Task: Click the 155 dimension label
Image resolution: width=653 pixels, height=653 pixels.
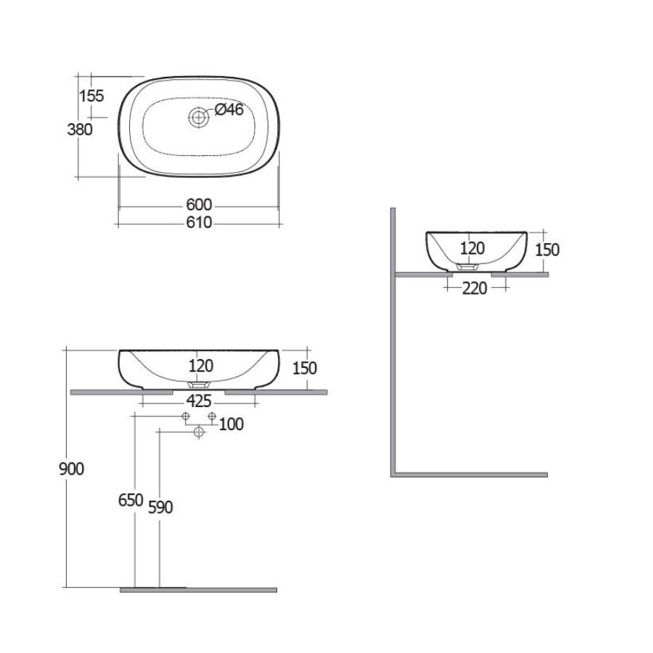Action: pos(92,96)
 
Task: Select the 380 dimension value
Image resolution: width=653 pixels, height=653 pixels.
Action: pos(79,130)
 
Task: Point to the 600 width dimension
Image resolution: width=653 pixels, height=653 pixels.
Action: pos(199,206)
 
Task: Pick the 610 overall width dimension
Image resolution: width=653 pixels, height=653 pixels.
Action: pos(199,223)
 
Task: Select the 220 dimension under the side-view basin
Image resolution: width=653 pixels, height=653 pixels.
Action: pos(475,288)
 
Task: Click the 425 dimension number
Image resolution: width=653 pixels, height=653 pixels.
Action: pos(199,401)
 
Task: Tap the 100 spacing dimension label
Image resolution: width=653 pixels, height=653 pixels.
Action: pos(231,424)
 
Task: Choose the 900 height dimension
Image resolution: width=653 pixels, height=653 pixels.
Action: pos(71,469)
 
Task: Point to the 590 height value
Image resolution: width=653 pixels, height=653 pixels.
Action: pos(160,507)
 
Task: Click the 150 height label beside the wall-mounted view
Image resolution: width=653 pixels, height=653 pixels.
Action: pos(547,250)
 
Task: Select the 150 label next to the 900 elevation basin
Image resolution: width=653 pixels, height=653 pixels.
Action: pos(304,368)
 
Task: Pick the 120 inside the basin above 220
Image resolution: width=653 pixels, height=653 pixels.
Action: pos(472,249)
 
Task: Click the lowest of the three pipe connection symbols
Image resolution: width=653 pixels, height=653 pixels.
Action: pos(199,432)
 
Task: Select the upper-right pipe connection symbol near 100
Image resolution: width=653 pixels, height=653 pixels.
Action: pos(212,416)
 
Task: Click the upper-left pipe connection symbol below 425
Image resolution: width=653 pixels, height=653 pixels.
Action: pos(186,416)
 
